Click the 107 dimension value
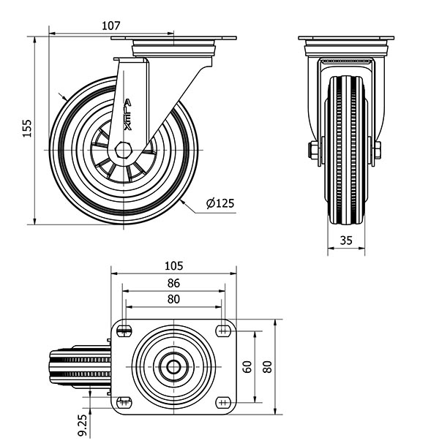[111, 26]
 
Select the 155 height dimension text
[27, 129]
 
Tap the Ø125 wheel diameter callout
[220, 203]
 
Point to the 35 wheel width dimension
[346, 241]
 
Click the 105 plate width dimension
[173, 266]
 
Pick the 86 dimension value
[173, 283]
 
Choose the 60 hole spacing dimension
[248, 367]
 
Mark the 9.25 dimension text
[82, 426]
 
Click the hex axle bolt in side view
[123, 150]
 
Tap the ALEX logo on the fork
[128, 115]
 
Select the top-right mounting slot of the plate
[223, 330]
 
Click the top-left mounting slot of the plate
[124, 330]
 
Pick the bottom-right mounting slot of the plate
[223, 402]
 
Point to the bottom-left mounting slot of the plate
[124, 402]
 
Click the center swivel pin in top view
[173, 366]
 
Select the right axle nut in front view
[378, 150]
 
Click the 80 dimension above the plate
[173, 299]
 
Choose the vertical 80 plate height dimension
[268, 367]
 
